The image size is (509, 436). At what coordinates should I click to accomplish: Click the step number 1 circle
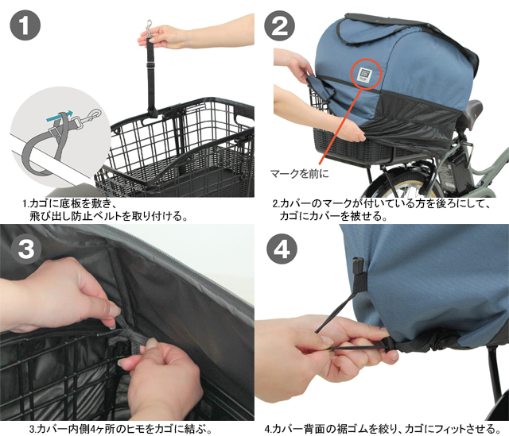25,25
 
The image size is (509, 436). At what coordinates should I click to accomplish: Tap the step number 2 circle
279,25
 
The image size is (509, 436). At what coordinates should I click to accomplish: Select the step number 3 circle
26,249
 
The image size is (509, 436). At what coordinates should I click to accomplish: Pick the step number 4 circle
282,249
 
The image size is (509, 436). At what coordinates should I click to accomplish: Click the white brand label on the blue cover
367,74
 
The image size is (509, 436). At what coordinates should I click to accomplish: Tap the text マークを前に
299,174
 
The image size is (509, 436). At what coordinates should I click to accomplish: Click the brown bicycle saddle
475,110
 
